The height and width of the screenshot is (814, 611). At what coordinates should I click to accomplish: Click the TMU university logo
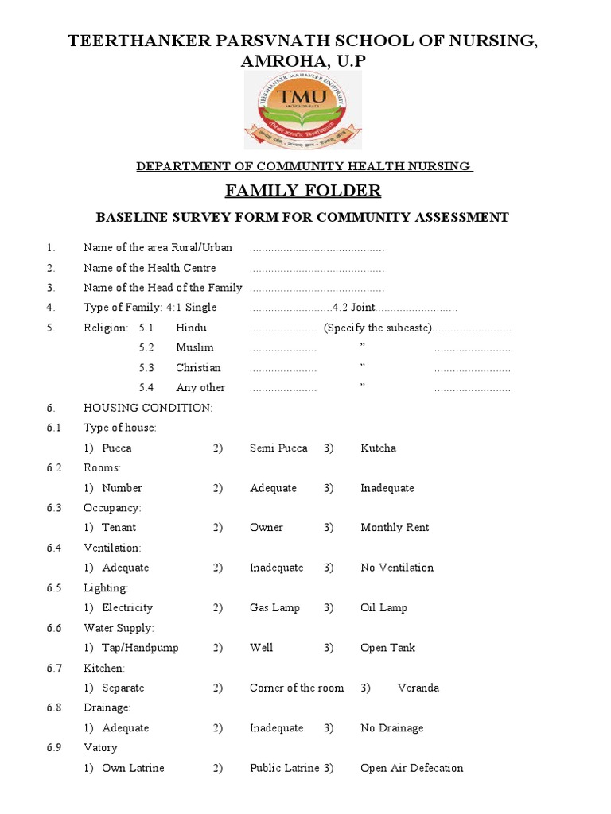[x=302, y=110]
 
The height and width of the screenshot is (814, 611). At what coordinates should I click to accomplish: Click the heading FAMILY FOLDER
[x=303, y=191]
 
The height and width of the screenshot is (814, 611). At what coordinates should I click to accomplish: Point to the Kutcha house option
[x=378, y=448]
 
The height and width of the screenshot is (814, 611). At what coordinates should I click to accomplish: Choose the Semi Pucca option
[x=278, y=448]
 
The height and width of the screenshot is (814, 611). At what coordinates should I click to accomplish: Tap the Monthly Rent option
[x=395, y=528]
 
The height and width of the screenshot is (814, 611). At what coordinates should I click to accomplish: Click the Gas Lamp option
[x=274, y=608]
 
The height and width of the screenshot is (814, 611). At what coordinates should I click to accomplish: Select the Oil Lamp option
[x=383, y=608]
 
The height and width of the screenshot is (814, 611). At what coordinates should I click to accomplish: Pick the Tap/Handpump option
[x=140, y=648]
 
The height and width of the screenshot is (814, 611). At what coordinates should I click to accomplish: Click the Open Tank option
[x=388, y=648]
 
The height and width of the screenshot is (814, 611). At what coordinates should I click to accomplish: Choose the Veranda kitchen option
[x=418, y=688]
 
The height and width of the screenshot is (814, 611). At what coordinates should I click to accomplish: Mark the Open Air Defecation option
[x=411, y=769]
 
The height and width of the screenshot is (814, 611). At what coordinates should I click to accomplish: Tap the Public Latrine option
[x=284, y=769]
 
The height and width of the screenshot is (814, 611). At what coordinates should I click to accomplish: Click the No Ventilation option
[x=397, y=568]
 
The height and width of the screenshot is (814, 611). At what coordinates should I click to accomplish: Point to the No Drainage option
[x=391, y=728]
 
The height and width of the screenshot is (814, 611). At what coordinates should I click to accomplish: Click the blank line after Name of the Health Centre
[x=317, y=269]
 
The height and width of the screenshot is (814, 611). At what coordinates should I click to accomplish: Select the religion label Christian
[x=198, y=368]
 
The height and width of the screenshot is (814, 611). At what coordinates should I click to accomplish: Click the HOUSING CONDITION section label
[x=148, y=408]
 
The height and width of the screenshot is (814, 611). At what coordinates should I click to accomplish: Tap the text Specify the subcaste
[x=377, y=328]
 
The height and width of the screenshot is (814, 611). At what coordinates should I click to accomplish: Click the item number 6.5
[x=54, y=588]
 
